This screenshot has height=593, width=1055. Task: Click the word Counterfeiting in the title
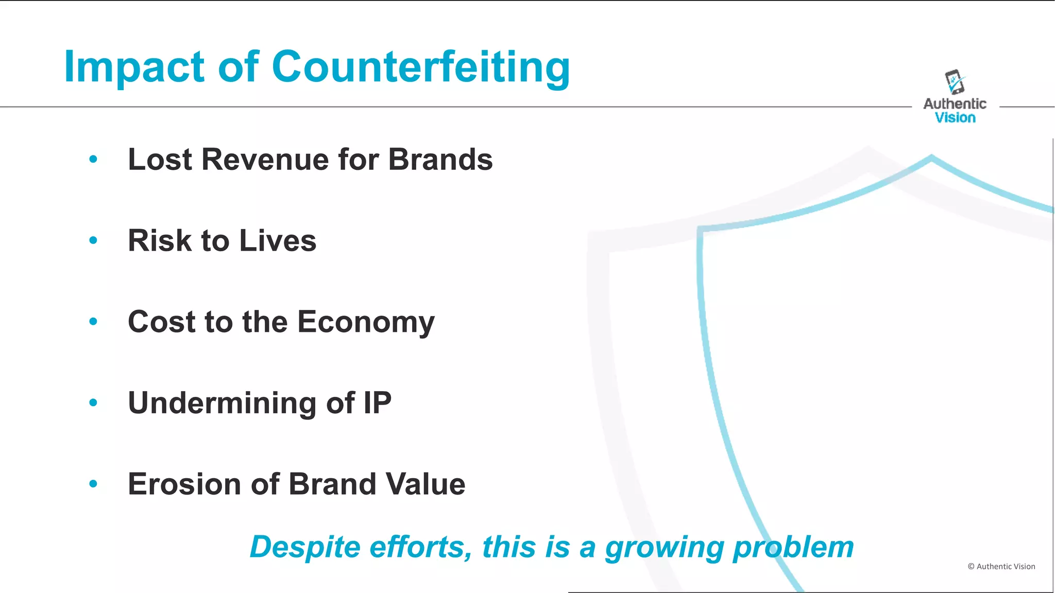point(421,67)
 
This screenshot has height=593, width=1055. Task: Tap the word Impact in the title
point(134,67)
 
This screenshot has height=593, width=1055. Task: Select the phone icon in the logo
point(955,82)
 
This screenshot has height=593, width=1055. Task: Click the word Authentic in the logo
point(955,104)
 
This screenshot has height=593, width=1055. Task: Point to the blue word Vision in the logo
point(955,118)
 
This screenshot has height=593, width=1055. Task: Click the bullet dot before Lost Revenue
point(93,159)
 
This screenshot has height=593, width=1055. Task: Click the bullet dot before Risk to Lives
point(93,240)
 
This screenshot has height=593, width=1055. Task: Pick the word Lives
point(278,240)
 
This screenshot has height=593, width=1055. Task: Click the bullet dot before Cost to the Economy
point(93,322)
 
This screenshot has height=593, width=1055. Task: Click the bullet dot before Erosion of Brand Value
point(93,484)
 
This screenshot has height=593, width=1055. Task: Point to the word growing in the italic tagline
point(665,548)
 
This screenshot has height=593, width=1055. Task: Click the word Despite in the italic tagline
point(305,547)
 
